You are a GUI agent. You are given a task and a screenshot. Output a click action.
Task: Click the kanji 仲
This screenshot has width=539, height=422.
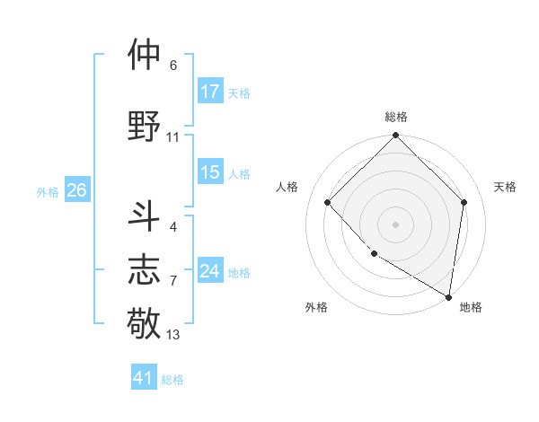(x=144, y=55)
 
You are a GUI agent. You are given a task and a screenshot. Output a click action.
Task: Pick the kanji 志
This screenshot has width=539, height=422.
(x=144, y=269)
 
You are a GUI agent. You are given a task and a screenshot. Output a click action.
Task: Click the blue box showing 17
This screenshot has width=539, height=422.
(x=210, y=91)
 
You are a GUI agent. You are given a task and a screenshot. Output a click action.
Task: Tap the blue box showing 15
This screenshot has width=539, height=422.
(x=210, y=172)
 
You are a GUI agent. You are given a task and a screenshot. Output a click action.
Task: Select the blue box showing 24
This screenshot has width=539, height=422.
(x=210, y=271)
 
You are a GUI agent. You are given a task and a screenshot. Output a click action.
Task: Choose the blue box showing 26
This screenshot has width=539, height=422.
(x=76, y=190)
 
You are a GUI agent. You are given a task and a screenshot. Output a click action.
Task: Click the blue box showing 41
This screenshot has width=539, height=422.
(x=144, y=378)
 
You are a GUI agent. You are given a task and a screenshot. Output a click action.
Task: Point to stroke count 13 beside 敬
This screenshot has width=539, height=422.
(x=173, y=335)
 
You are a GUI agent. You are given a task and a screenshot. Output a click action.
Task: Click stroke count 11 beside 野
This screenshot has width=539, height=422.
(x=173, y=137)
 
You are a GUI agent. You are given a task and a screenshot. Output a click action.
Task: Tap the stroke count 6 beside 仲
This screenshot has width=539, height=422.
(x=172, y=66)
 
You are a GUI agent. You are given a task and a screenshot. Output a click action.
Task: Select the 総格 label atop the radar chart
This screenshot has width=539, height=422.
(x=395, y=117)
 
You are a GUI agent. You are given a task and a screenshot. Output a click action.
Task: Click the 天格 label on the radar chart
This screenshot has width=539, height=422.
(x=506, y=187)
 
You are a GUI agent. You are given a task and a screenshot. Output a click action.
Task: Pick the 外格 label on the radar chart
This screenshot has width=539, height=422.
(x=316, y=307)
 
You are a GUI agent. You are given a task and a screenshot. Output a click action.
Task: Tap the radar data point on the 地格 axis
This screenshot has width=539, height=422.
(x=449, y=296)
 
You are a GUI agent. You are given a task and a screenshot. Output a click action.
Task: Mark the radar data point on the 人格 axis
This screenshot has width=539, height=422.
(x=328, y=202)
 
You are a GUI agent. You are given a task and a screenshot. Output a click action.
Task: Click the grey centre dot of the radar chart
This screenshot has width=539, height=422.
(x=395, y=224)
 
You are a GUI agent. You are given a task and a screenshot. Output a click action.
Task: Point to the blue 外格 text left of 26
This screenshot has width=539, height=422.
(x=48, y=191)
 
